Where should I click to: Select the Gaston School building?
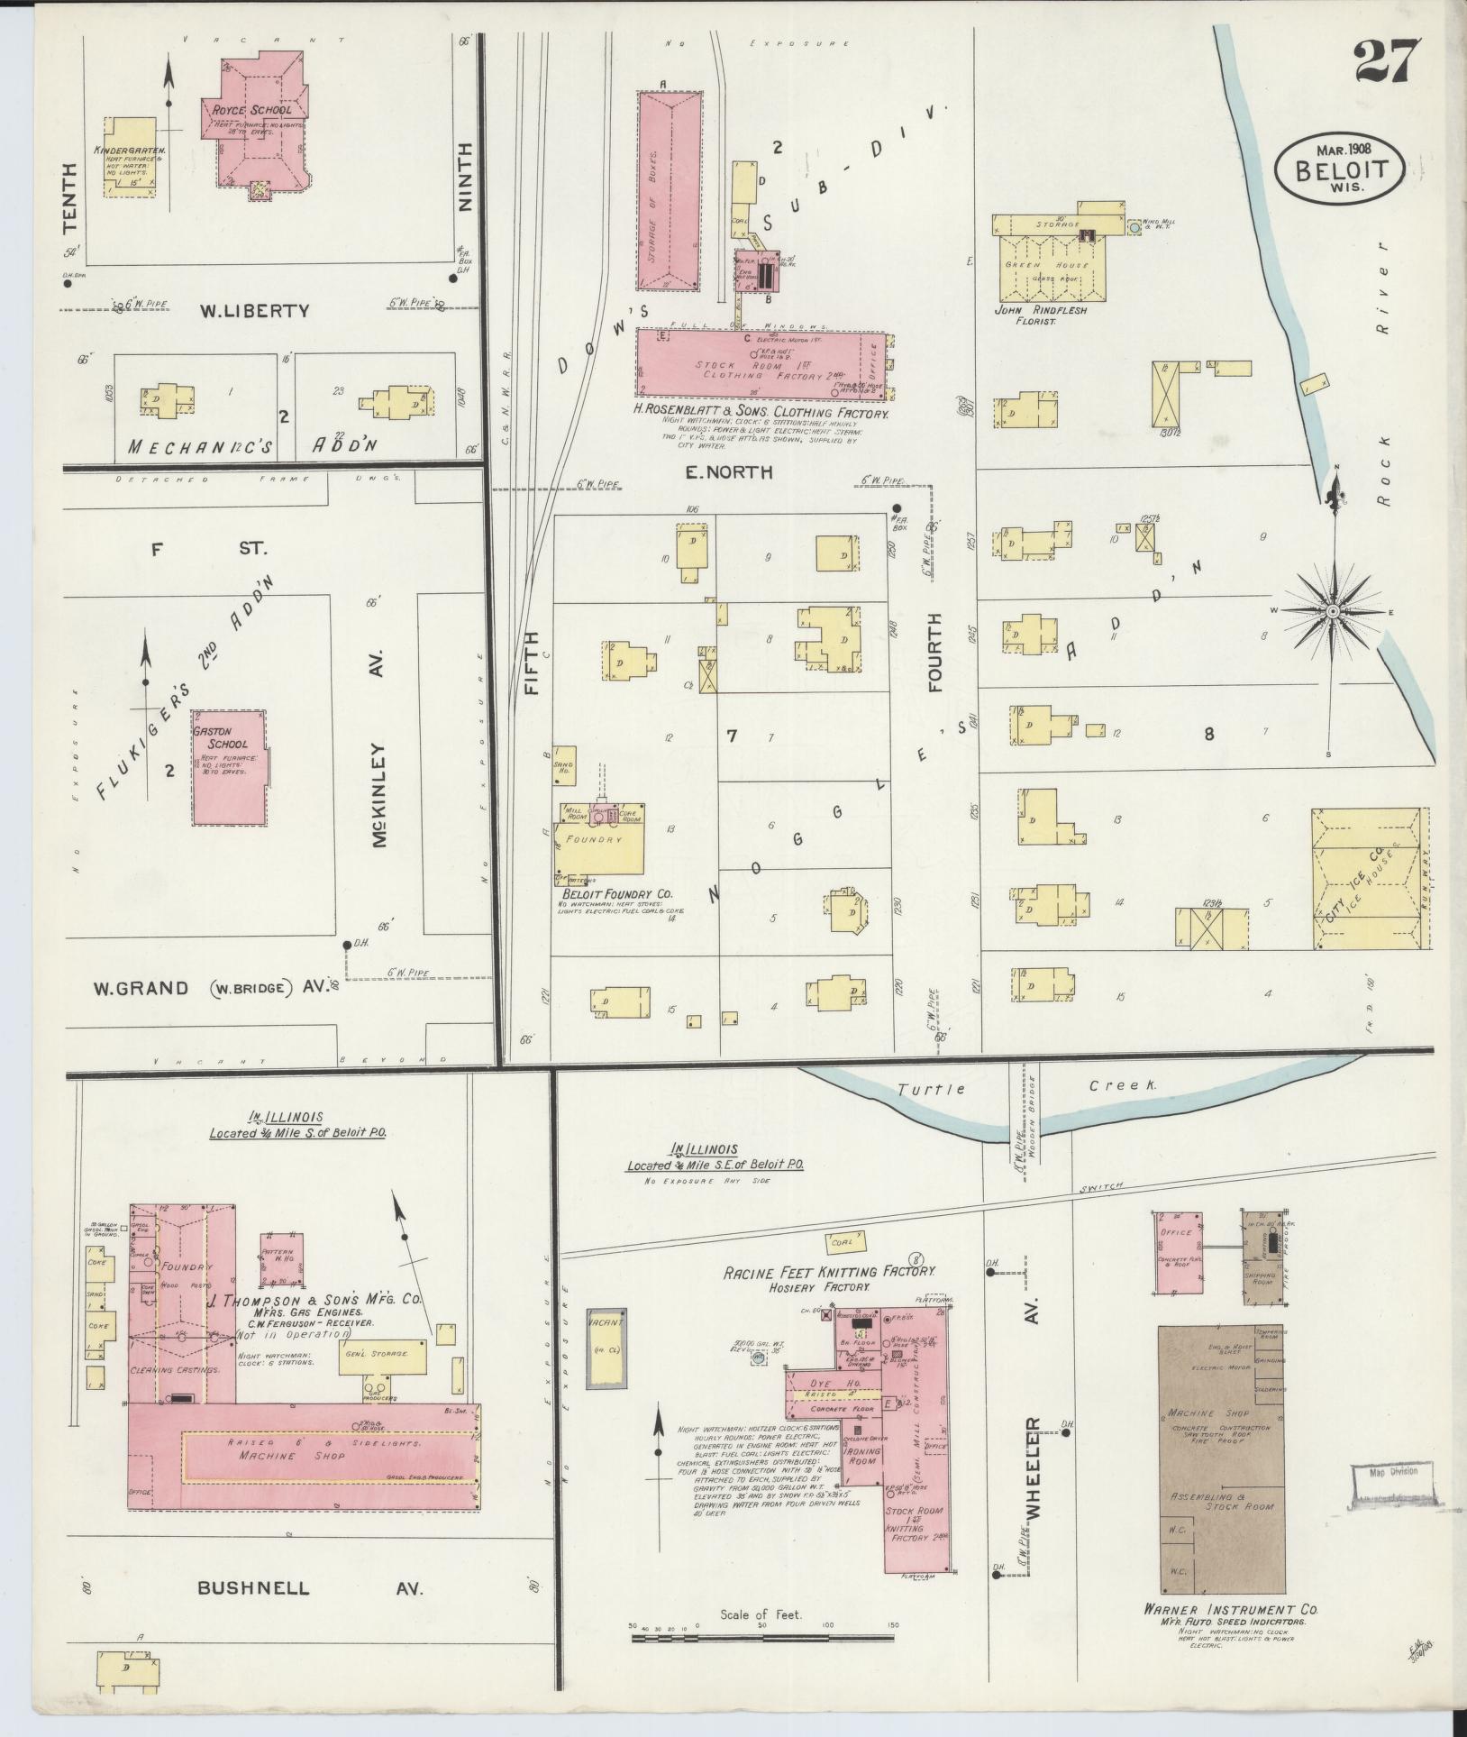click(x=229, y=766)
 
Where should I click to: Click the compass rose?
click(x=1331, y=611)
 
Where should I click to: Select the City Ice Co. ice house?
click(x=1369, y=878)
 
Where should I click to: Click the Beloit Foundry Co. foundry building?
click(x=600, y=839)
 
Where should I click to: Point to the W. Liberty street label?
click(x=255, y=311)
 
